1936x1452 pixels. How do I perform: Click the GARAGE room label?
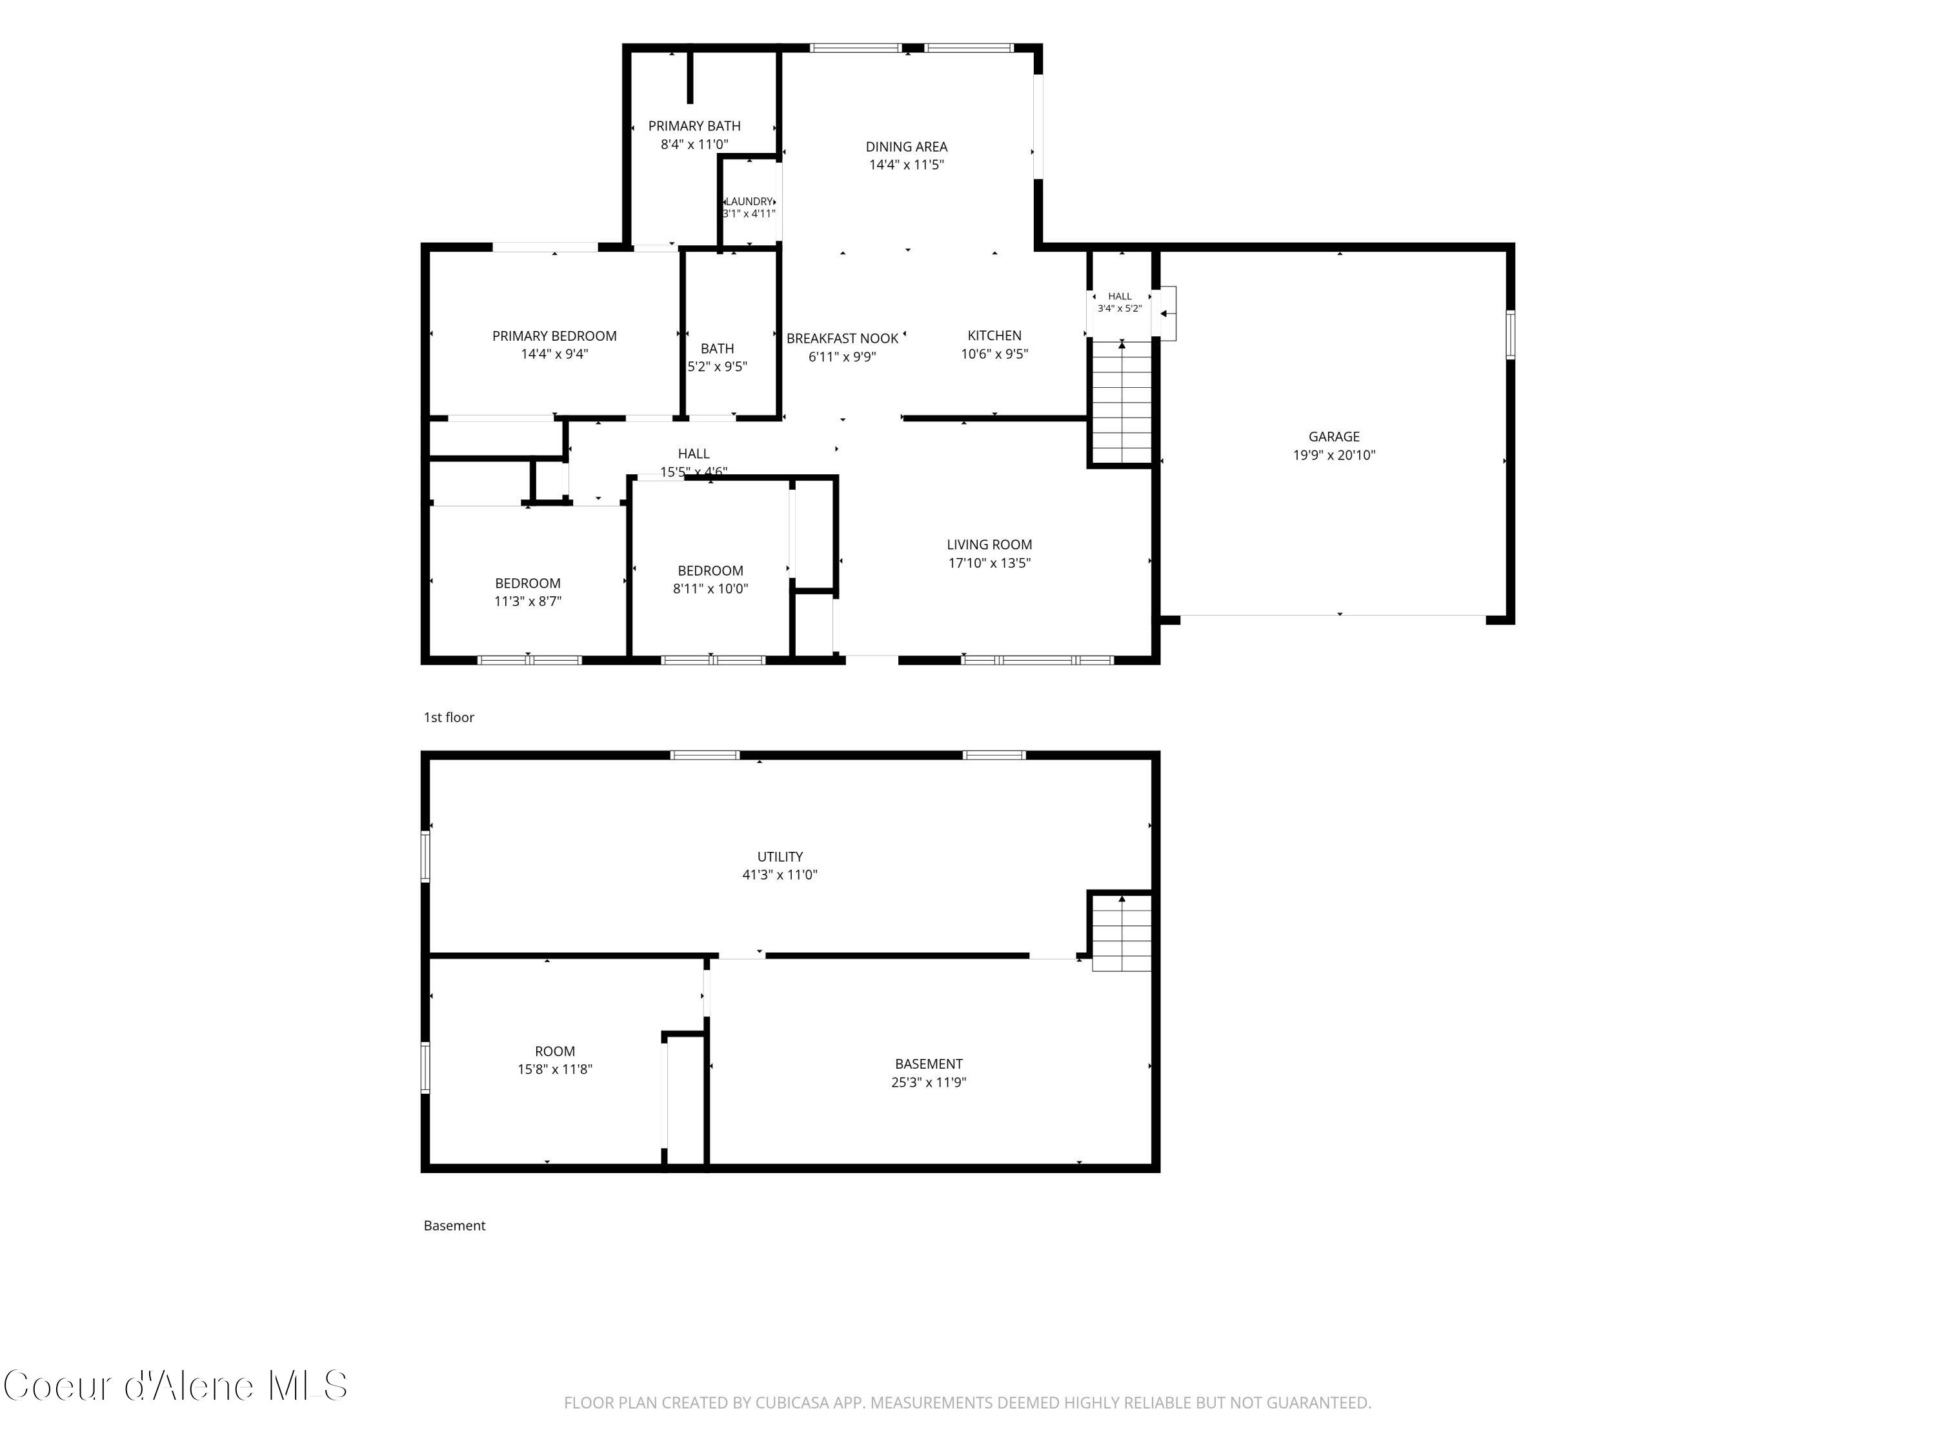pyautogui.click(x=1334, y=437)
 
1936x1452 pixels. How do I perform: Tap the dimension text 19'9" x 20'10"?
pyautogui.click(x=1334, y=455)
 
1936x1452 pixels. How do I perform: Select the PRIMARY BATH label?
pyautogui.click(x=694, y=126)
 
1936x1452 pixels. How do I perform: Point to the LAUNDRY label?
pyautogui.click(x=749, y=201)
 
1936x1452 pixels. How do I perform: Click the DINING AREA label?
pyautogui.click(x=907, y=147)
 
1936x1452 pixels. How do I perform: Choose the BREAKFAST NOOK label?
pyautogui.click(x=842, y=339)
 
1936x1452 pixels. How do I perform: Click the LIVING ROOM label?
pyautogui.click(x=989, y=545)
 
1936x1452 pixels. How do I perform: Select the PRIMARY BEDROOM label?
pyautogui.click(x=554, y=336)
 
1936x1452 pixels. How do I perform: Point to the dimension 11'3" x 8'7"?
pyautogui.click(x=528, y=601)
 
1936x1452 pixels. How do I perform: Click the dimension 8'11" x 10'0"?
pyautogui.click(x=710, y=589)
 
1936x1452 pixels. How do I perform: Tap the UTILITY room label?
pyautogui.click(x=780, y=857)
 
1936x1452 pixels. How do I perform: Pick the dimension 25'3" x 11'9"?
pyautogui.click(x=929, y=1082)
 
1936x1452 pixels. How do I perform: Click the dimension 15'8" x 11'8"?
pyautogui.click(x=555, y=1069)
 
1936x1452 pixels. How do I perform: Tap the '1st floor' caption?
pyautogui.click(x=449, y=718)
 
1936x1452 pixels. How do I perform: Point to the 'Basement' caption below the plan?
pyautogui.click(x=454, y=1225)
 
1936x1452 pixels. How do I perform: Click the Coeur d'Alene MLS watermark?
pyautogui.click(x=175, y=1386)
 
